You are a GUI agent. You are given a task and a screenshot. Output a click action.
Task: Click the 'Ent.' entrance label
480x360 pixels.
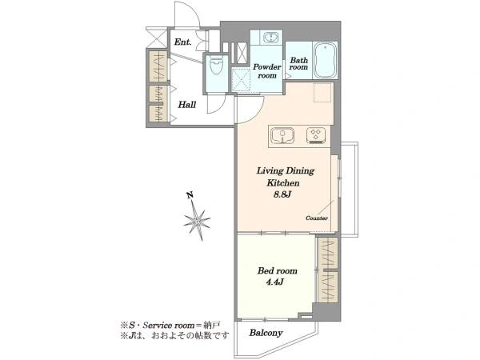(x=182, y=42)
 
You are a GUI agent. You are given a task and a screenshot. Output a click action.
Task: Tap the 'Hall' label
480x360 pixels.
(x=187, y=105)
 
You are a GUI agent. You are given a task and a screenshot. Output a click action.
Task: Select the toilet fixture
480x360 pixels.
(x=217, y=66)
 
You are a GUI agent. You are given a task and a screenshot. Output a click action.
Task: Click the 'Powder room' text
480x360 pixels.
(x=267, y=71)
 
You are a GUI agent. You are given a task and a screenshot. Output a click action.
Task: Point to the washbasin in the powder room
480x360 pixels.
(x=271, y=38)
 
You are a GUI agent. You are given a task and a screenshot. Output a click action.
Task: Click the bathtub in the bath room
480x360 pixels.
(x=326, y=60)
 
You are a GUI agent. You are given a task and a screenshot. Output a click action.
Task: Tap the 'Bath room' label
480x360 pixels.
(x=298, y=64)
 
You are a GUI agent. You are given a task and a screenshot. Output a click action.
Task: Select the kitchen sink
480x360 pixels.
(x=282, y=136)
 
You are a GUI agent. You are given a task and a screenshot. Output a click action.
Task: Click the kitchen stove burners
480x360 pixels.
(x=316, y=135)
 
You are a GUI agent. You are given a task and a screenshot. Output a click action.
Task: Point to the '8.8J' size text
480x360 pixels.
(x=282, y=194)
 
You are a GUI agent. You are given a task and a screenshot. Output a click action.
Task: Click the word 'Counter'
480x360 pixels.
(x=317, y=218)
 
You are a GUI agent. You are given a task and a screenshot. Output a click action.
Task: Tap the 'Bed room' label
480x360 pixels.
(x=278, y=270)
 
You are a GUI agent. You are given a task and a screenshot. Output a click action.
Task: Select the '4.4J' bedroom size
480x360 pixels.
(x=274, y=282)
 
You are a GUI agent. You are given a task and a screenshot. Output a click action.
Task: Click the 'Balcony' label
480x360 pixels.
(x=266, y=333)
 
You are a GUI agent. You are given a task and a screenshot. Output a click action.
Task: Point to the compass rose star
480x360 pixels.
(x=198, y=220)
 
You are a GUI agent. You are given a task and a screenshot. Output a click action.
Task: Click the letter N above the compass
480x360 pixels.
(x=190, y=194)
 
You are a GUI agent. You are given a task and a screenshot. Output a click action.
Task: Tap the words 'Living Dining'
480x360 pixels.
(x=286, y=171)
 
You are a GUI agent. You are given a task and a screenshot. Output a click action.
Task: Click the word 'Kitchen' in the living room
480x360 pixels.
(x=283, y=182)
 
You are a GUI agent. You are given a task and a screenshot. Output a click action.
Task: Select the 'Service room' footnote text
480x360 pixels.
(x=169, y=325)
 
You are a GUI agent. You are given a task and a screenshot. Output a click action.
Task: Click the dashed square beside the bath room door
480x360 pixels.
(x=322, y=92)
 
